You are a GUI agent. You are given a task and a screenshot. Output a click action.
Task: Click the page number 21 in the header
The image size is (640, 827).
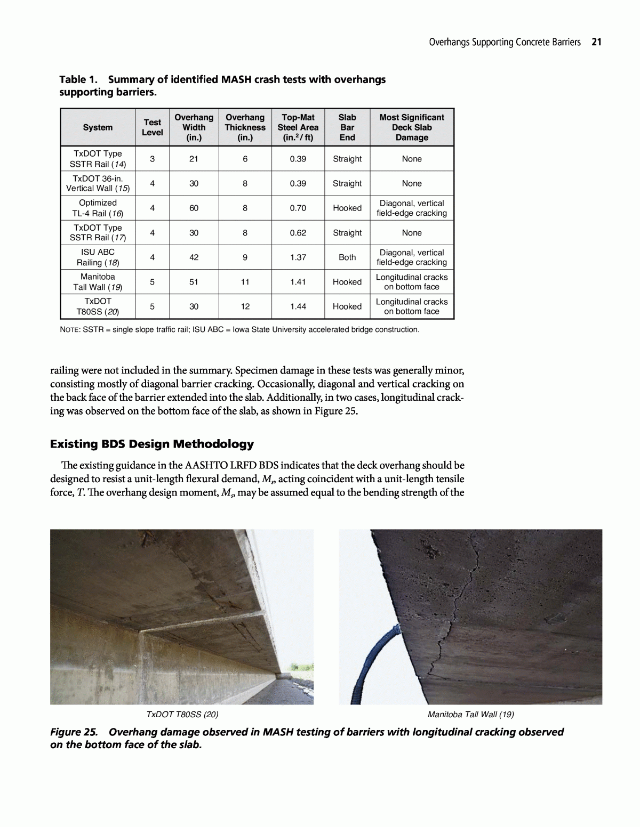[596, 42]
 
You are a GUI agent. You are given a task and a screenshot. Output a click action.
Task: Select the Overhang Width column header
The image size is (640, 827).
[194, 127]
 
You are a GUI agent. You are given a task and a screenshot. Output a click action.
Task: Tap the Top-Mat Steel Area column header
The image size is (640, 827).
[298, 127]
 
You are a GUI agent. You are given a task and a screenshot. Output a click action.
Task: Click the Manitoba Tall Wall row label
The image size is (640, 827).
[98, 282]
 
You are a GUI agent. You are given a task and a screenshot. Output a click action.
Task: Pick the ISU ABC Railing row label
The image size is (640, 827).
[98, 257]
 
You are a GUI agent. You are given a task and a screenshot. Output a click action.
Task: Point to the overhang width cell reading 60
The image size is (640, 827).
[194, 208]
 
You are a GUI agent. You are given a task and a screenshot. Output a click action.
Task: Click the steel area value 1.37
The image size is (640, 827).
[298, 257]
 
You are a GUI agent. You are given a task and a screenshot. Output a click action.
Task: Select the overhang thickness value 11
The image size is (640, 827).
[245, 282]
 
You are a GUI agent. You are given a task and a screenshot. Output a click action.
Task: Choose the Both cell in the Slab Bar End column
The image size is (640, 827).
[347, 257]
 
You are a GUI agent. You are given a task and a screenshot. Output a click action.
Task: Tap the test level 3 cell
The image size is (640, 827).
[152, 159]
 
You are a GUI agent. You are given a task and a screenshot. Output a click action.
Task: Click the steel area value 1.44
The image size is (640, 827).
[298, 306]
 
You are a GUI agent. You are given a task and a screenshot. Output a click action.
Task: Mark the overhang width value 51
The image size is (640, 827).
[194, 282]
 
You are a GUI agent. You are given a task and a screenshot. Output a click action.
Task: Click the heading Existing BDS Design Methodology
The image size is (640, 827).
[152, 444]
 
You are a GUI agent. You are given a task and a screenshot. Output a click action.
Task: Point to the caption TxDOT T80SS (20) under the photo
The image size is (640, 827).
[182, 715]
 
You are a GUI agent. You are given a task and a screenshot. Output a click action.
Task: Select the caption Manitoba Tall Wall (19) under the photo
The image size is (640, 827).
[470, 715]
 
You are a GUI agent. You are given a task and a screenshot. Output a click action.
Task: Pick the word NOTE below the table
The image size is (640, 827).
[69, 330]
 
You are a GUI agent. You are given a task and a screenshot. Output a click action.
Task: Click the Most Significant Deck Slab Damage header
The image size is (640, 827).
[411, 127]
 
